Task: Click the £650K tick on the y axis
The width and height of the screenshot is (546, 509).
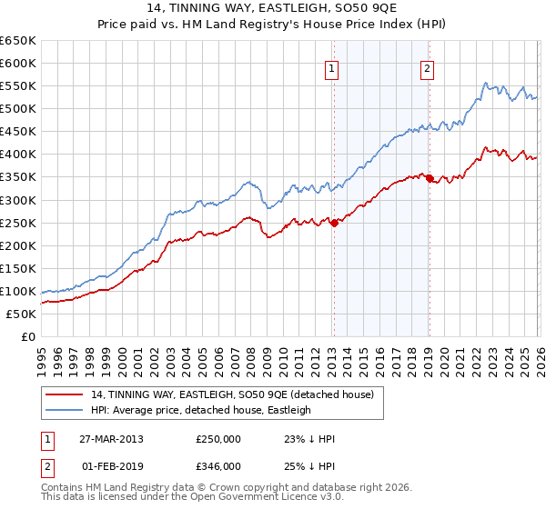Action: point(18,41)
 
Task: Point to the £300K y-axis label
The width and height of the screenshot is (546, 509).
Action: point(18,200)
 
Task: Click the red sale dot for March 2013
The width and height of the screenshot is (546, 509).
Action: point(333,223)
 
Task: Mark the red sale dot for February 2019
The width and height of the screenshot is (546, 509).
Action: point(429,179)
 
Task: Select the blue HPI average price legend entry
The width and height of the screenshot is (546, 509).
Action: point(199,410)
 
